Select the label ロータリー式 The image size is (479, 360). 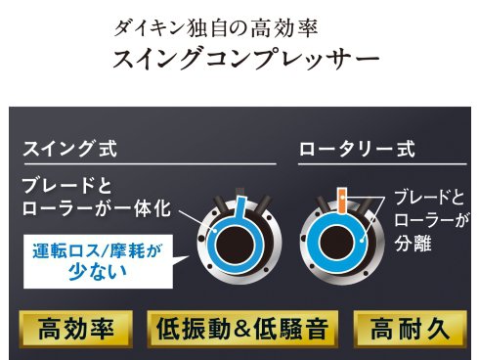[356, 152]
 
